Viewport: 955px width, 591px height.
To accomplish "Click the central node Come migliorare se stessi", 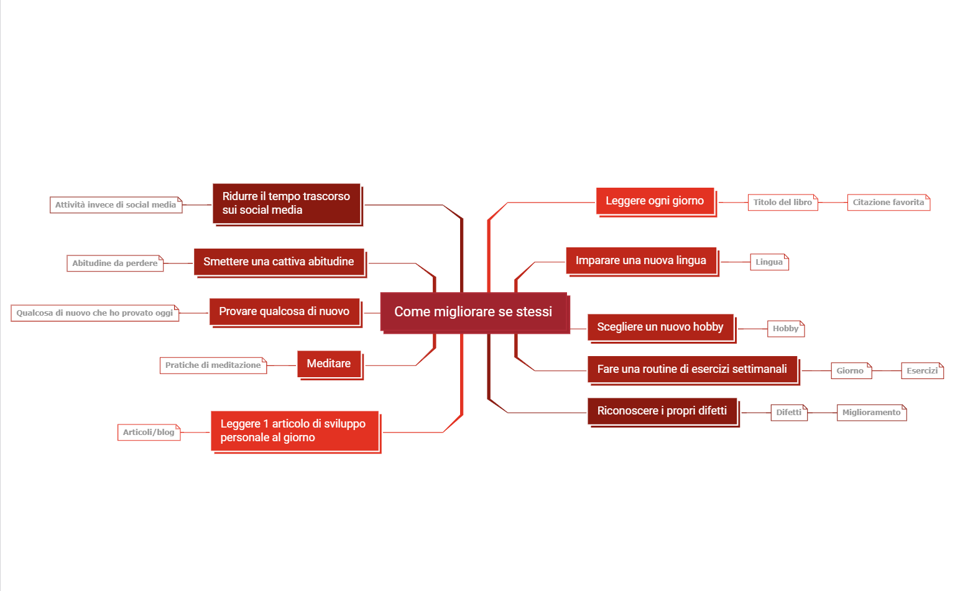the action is tap(474, 313).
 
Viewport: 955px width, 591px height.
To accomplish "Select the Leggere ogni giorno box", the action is tap(656, 201).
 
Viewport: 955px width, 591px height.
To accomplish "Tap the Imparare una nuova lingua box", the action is tap(642, 261).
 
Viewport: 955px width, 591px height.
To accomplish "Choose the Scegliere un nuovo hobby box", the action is tap(662, 328).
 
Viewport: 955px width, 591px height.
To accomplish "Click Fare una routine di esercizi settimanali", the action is tap(693, 370).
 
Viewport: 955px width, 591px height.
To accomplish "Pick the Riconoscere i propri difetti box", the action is tap(663, 411).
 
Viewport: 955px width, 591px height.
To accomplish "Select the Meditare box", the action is tap(330, 364).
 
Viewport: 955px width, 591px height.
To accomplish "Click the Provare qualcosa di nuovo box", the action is tap(285, 313).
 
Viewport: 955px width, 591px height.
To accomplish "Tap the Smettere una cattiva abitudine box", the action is tap(280, 262).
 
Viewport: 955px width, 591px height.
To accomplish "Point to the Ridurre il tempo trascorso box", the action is tap(287, 204).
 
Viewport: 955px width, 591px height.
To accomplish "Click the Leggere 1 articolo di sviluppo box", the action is tap(295, 432).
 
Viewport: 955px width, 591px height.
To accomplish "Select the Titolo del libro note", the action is tap(783, 203).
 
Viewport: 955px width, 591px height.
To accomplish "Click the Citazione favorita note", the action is tap(888, 203).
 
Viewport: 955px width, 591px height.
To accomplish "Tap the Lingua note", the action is tap(770, 262).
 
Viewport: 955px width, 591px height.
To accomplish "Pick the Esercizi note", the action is tap(922, 371).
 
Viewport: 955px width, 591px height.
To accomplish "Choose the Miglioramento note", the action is tap(872, 413).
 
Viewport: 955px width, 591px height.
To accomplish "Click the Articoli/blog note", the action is tap(149, 433).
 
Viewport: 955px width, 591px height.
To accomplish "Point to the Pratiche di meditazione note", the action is tap(213, 365).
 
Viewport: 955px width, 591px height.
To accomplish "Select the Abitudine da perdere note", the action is tap(115, 263).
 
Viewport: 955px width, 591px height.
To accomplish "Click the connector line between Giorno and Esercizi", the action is tap(887, 371).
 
